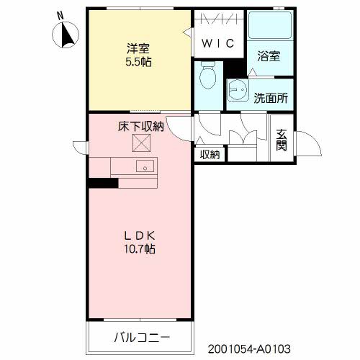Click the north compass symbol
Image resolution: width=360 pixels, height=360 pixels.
68,34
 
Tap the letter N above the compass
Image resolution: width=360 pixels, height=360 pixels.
60,14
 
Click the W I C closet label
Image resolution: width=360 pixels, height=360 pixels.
217,43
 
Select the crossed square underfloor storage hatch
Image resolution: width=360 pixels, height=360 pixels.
140,144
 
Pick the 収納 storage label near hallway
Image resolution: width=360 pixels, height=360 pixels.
210,153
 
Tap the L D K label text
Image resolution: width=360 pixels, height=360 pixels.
140,235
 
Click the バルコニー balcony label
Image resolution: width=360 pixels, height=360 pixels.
141,336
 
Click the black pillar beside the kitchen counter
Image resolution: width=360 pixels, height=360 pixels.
103,183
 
